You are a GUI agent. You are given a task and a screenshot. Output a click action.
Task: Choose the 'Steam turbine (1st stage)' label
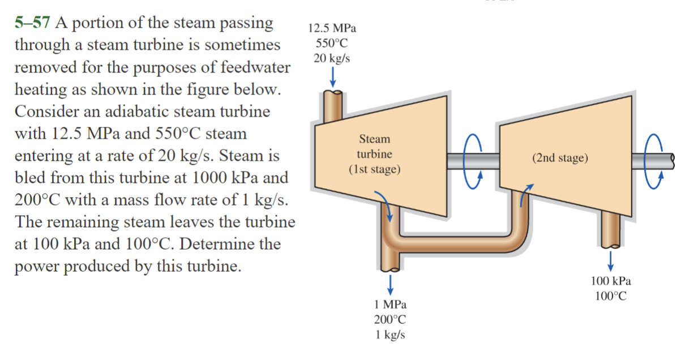pos(374,154)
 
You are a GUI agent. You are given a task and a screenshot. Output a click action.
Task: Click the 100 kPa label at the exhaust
pos(611,281)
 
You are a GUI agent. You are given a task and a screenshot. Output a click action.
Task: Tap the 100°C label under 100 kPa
pos(611,296)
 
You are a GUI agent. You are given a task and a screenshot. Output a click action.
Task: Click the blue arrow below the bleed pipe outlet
pos(389,282)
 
